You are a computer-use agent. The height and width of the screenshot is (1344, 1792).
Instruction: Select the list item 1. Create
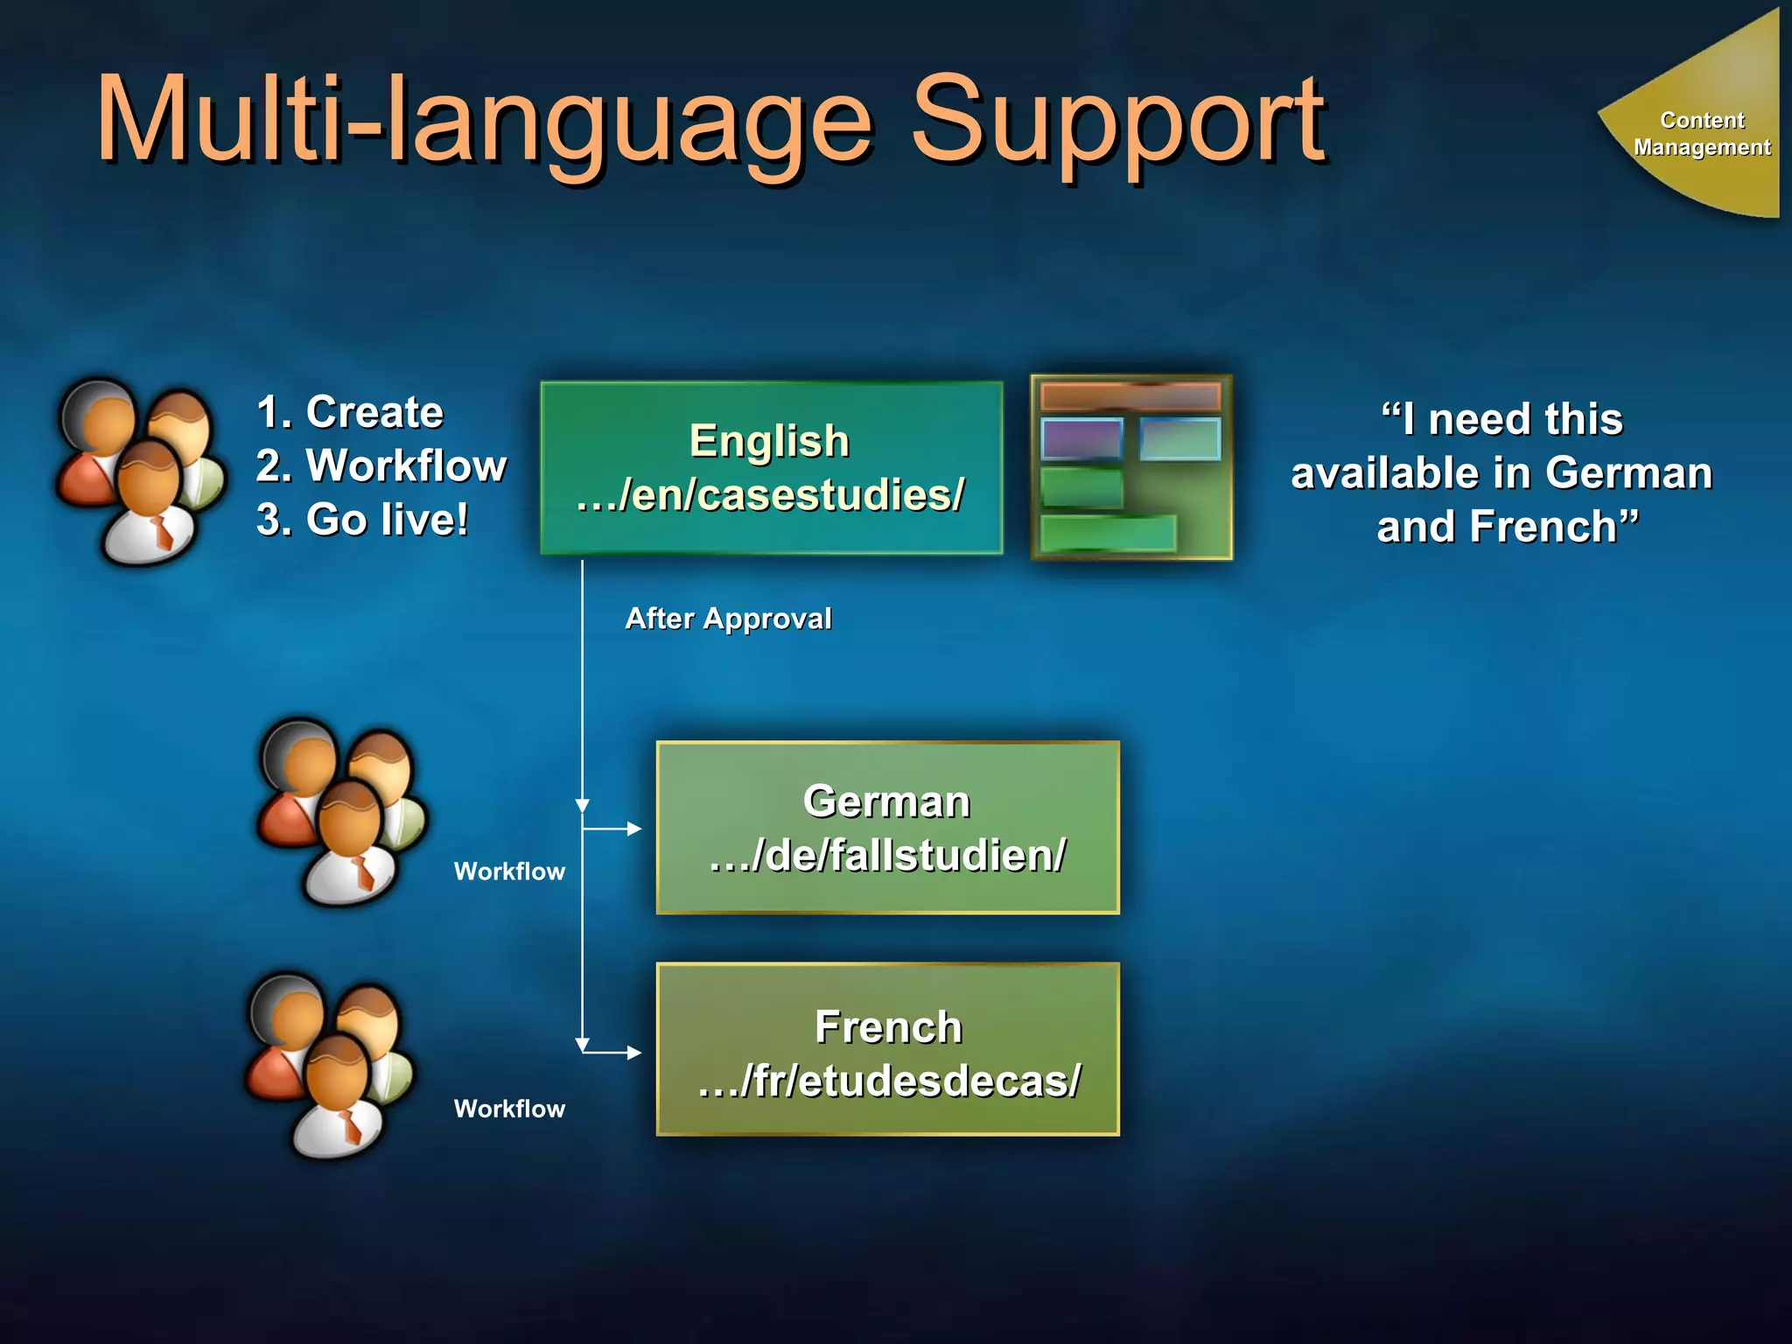[x=350, y=412]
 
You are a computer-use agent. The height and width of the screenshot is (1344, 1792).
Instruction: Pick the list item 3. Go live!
[x=362, y=520]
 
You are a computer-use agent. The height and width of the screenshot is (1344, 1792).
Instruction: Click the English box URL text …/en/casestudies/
[x=771, y=495]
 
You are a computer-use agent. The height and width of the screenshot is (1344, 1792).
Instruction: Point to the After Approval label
[x=728, y=619]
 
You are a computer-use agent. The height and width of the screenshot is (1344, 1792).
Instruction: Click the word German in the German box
[x=886, y=801]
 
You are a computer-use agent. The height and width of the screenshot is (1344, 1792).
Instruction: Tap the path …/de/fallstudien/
[x=887, y=856]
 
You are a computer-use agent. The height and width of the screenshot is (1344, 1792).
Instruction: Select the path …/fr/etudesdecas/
[x=889, y=1081]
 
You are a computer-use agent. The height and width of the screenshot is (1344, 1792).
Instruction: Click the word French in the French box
[x=888, y=1027]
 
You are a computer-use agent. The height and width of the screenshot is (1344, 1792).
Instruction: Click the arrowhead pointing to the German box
[x=635, y=829]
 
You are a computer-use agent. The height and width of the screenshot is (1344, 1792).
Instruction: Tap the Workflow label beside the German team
[x=509, y=871]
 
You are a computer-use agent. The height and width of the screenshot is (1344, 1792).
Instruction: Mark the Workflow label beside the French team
[x=509, y=1109]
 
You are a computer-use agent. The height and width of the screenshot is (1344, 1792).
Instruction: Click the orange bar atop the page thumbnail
[x=1130, y=396]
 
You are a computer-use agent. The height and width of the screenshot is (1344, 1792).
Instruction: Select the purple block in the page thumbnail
[x=1081, y=438]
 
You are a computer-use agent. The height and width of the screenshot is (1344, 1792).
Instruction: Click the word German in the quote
[x=1627, y=473]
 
